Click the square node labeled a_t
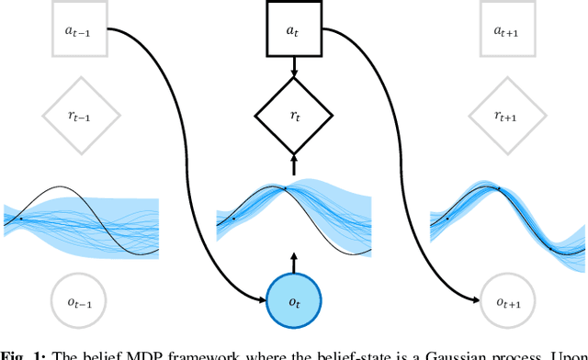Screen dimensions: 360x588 click(292, 31)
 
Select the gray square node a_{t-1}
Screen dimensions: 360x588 click(82, 31)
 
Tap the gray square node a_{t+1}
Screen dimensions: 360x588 click(506, 31)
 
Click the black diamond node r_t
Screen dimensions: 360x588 click(292, 116)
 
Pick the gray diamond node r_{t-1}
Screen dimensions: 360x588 click(82, 116)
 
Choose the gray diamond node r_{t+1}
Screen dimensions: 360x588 click(506, 116)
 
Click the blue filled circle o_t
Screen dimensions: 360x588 click(293, 299)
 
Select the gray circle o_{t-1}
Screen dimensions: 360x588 click(82, 299)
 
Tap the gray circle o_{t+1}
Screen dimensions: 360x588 click(506, 299)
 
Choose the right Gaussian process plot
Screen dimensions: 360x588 click(507, 221)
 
